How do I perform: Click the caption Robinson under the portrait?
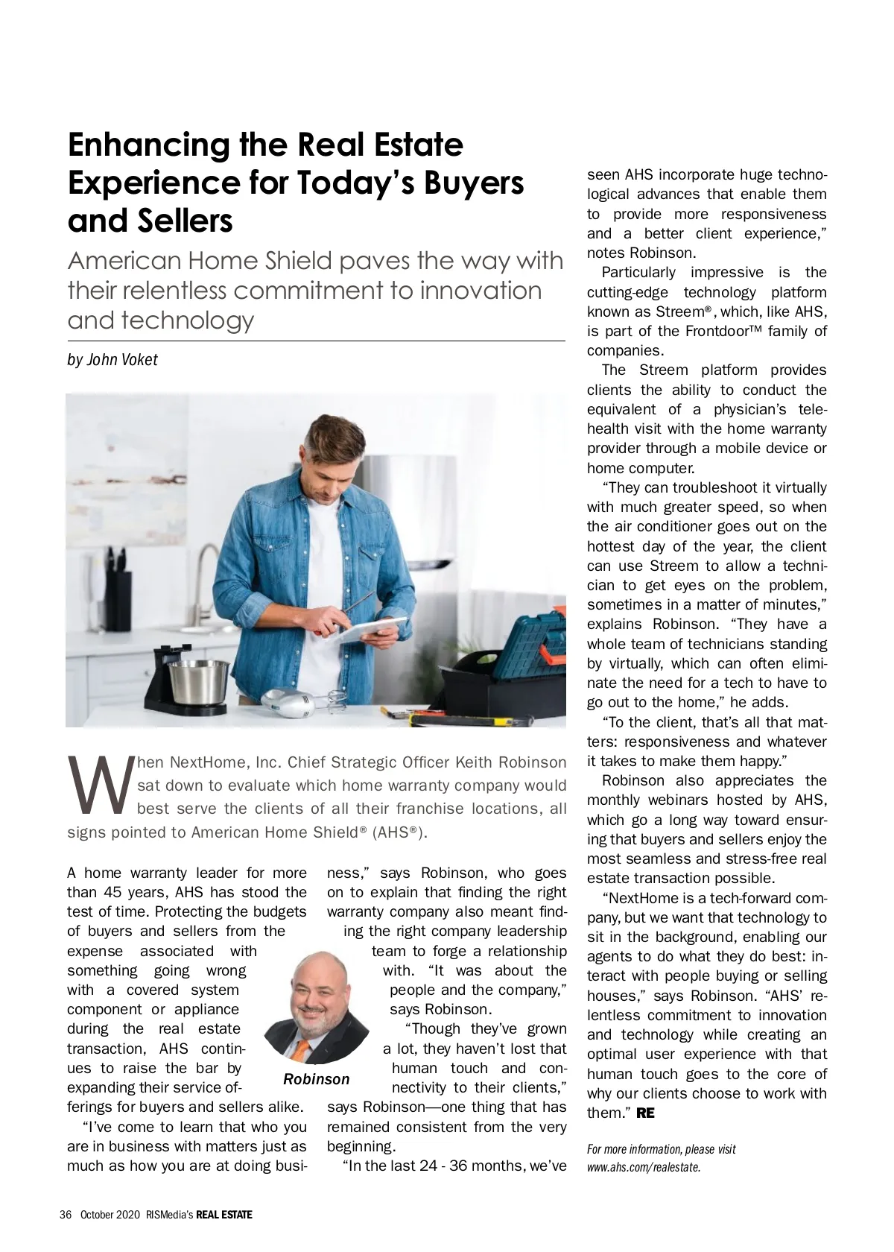[x=316, y=1079]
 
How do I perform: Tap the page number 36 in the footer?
[x=66, y=1214]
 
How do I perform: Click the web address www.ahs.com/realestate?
[x=644, y=1167]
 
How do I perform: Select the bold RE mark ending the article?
[x=645, y=1113]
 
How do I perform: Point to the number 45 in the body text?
[x=124, y=892]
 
